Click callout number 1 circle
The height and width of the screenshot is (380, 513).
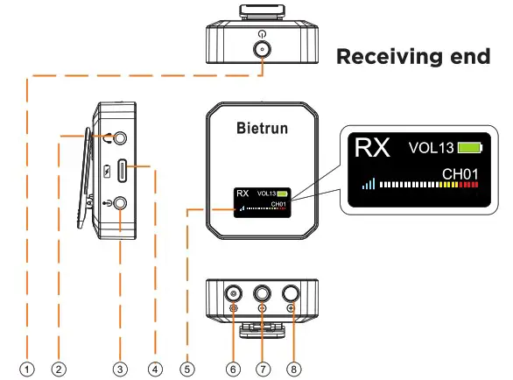27,369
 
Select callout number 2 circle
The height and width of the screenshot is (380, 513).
58,369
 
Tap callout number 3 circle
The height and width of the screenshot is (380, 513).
121,369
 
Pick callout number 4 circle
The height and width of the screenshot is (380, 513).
154,369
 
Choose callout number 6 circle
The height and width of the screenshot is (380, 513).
233,369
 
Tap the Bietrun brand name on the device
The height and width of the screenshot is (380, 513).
261,128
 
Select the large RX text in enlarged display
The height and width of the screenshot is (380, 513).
371,147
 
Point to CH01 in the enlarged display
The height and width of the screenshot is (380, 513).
460,174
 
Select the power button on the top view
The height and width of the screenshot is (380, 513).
261,49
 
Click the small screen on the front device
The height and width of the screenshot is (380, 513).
261,200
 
